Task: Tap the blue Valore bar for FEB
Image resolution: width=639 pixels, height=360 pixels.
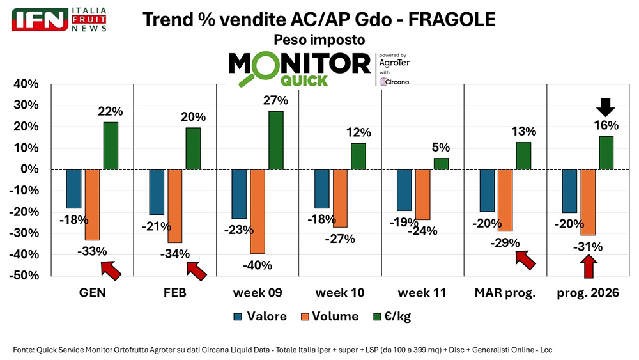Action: (157, 192)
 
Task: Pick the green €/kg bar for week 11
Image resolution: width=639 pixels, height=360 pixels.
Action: (441, 164)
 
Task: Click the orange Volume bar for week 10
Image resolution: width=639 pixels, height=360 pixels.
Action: (340, 198)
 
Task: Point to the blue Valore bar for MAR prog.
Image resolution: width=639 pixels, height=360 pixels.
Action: (488, 191)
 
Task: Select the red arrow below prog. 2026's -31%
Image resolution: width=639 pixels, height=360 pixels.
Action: (589, 266)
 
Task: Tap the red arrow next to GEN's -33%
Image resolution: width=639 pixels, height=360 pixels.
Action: (111, 270)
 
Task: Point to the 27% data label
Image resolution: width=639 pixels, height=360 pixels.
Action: (276, 100)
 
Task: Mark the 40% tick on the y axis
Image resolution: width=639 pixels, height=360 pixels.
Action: (23, 84)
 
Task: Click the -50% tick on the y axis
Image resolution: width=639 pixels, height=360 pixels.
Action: (22, 276)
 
